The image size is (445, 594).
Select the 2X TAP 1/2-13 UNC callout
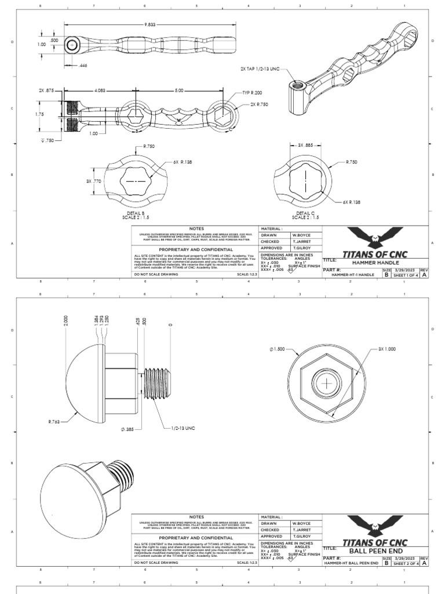[260, 68]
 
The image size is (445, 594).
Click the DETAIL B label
[136, 213]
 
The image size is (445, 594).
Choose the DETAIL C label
[305, 213]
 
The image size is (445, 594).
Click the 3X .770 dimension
[94, 182]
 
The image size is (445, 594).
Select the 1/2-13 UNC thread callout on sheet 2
[183, 429]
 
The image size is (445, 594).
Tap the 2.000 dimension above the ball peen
[66, 321]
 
